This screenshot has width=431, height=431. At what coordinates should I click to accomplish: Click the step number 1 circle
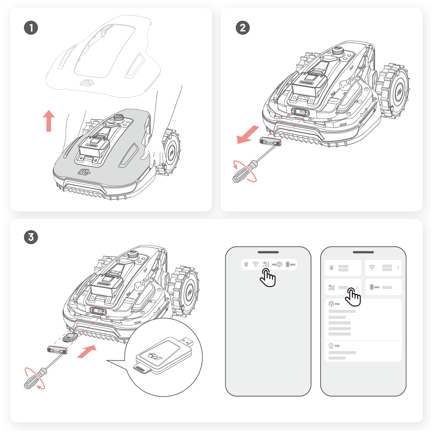(31, 28)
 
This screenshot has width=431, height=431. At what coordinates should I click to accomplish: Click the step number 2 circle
(242, 28)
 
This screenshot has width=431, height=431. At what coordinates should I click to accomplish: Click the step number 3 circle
(31, 237)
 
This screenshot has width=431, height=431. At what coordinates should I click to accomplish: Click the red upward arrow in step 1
(49, 121)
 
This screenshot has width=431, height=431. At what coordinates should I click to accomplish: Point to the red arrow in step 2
(247, 135)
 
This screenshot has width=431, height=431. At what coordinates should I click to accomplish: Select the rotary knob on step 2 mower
(338, 52)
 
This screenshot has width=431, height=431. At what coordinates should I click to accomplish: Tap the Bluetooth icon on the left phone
(246, 264)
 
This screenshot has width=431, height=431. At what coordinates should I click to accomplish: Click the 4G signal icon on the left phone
(266, 264)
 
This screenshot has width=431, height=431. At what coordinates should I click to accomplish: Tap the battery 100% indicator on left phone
(291, 264)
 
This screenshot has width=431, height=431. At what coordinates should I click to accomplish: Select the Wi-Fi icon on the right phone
(372, 267)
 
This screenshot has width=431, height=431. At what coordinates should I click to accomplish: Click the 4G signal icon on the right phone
(331, 287)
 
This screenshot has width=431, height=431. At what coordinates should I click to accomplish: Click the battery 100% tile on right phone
(383, 287)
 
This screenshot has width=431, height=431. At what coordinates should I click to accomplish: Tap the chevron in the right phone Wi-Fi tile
(398, 267)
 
